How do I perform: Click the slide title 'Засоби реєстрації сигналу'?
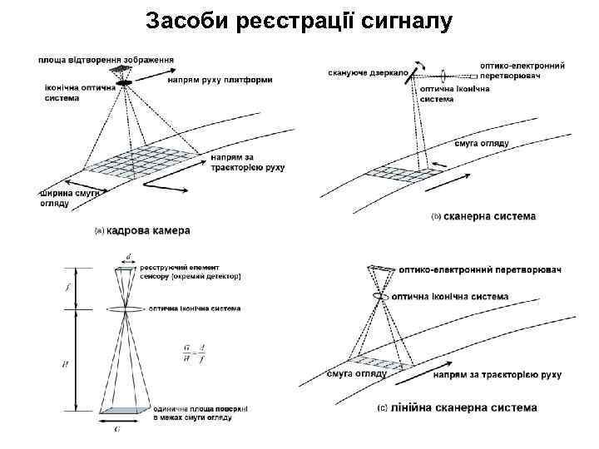299,22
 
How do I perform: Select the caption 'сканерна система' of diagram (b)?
490,216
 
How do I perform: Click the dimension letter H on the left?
67,363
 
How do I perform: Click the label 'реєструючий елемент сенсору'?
190,272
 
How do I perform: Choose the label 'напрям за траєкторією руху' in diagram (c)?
498,375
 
